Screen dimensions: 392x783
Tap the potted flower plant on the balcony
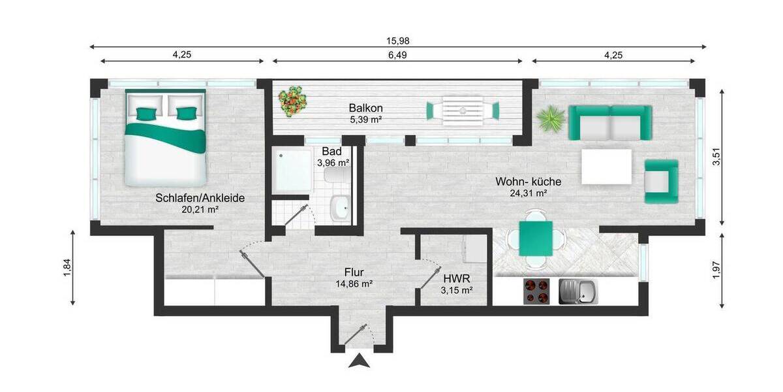click(x=292, y=101)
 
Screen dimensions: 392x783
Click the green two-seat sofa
click(x=610, y=122)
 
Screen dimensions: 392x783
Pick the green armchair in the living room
click(x=661, y=181)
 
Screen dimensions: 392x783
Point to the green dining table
click(x=536, y=238)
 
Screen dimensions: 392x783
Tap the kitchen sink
click(x=577, y=292)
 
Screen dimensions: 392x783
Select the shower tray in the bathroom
click(x=292, y=169)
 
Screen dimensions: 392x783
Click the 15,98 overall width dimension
click(x=398, y=41)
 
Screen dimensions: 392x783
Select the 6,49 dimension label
click(x=397, y=56)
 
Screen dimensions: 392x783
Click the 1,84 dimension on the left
click(x=67, y=267)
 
